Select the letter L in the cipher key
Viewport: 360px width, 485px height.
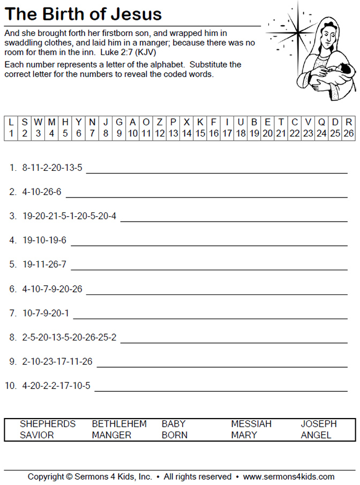click(x=11, y=122)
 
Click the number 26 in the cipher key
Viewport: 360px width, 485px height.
click(x=348, y=133)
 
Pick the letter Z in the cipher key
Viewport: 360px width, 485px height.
click(x=160, y=122)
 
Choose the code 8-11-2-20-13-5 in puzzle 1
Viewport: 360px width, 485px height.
click(x=52, y=168)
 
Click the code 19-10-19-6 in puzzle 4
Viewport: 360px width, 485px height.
click(x=44, y=240)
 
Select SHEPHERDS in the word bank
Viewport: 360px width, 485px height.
click(x=48, y=423)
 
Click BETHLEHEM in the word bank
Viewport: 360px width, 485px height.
click(x=119, y=423)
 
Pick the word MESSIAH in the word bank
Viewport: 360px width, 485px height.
click(x=251, y=423)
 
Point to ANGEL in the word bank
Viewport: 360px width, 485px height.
click(x=316, y=435)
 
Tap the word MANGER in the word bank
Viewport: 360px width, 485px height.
click(x=111, y=435)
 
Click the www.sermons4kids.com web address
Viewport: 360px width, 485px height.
click(x=288, y=476)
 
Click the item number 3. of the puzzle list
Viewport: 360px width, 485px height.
click(x=13, y=216)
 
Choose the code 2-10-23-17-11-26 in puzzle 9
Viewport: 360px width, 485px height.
click(x=57, y=361)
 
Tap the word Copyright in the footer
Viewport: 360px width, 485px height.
click(x=46, y=476)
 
